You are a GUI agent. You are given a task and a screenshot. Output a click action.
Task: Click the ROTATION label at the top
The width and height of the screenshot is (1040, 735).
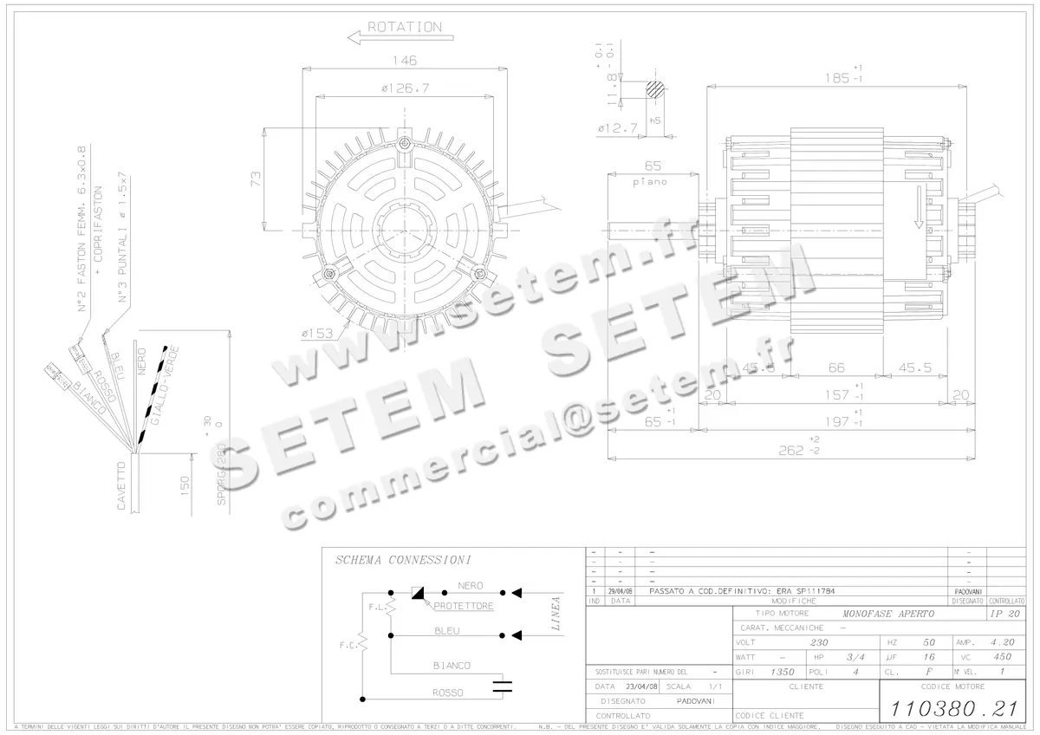pos(404,27)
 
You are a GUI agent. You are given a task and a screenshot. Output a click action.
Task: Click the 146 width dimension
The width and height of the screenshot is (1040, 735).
pos(403,61)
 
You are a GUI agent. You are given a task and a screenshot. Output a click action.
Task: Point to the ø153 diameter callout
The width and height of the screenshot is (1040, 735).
pos(318,334)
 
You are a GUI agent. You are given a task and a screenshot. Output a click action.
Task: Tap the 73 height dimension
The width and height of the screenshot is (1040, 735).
pos(256,179)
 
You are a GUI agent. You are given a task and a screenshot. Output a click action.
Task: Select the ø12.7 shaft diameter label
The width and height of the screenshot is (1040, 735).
pos(617,128)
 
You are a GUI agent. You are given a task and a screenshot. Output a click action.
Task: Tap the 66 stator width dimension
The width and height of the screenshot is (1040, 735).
pos(835,367)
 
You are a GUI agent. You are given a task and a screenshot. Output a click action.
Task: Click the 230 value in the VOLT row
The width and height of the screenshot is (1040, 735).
pos(818,643)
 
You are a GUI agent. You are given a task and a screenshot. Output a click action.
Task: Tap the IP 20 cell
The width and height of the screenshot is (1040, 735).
pos(1004,614)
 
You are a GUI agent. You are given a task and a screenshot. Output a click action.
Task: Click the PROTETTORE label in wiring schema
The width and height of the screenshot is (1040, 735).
pos(463,607)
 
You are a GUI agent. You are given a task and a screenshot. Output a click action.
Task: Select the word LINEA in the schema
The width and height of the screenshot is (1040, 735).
pos(556,613)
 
